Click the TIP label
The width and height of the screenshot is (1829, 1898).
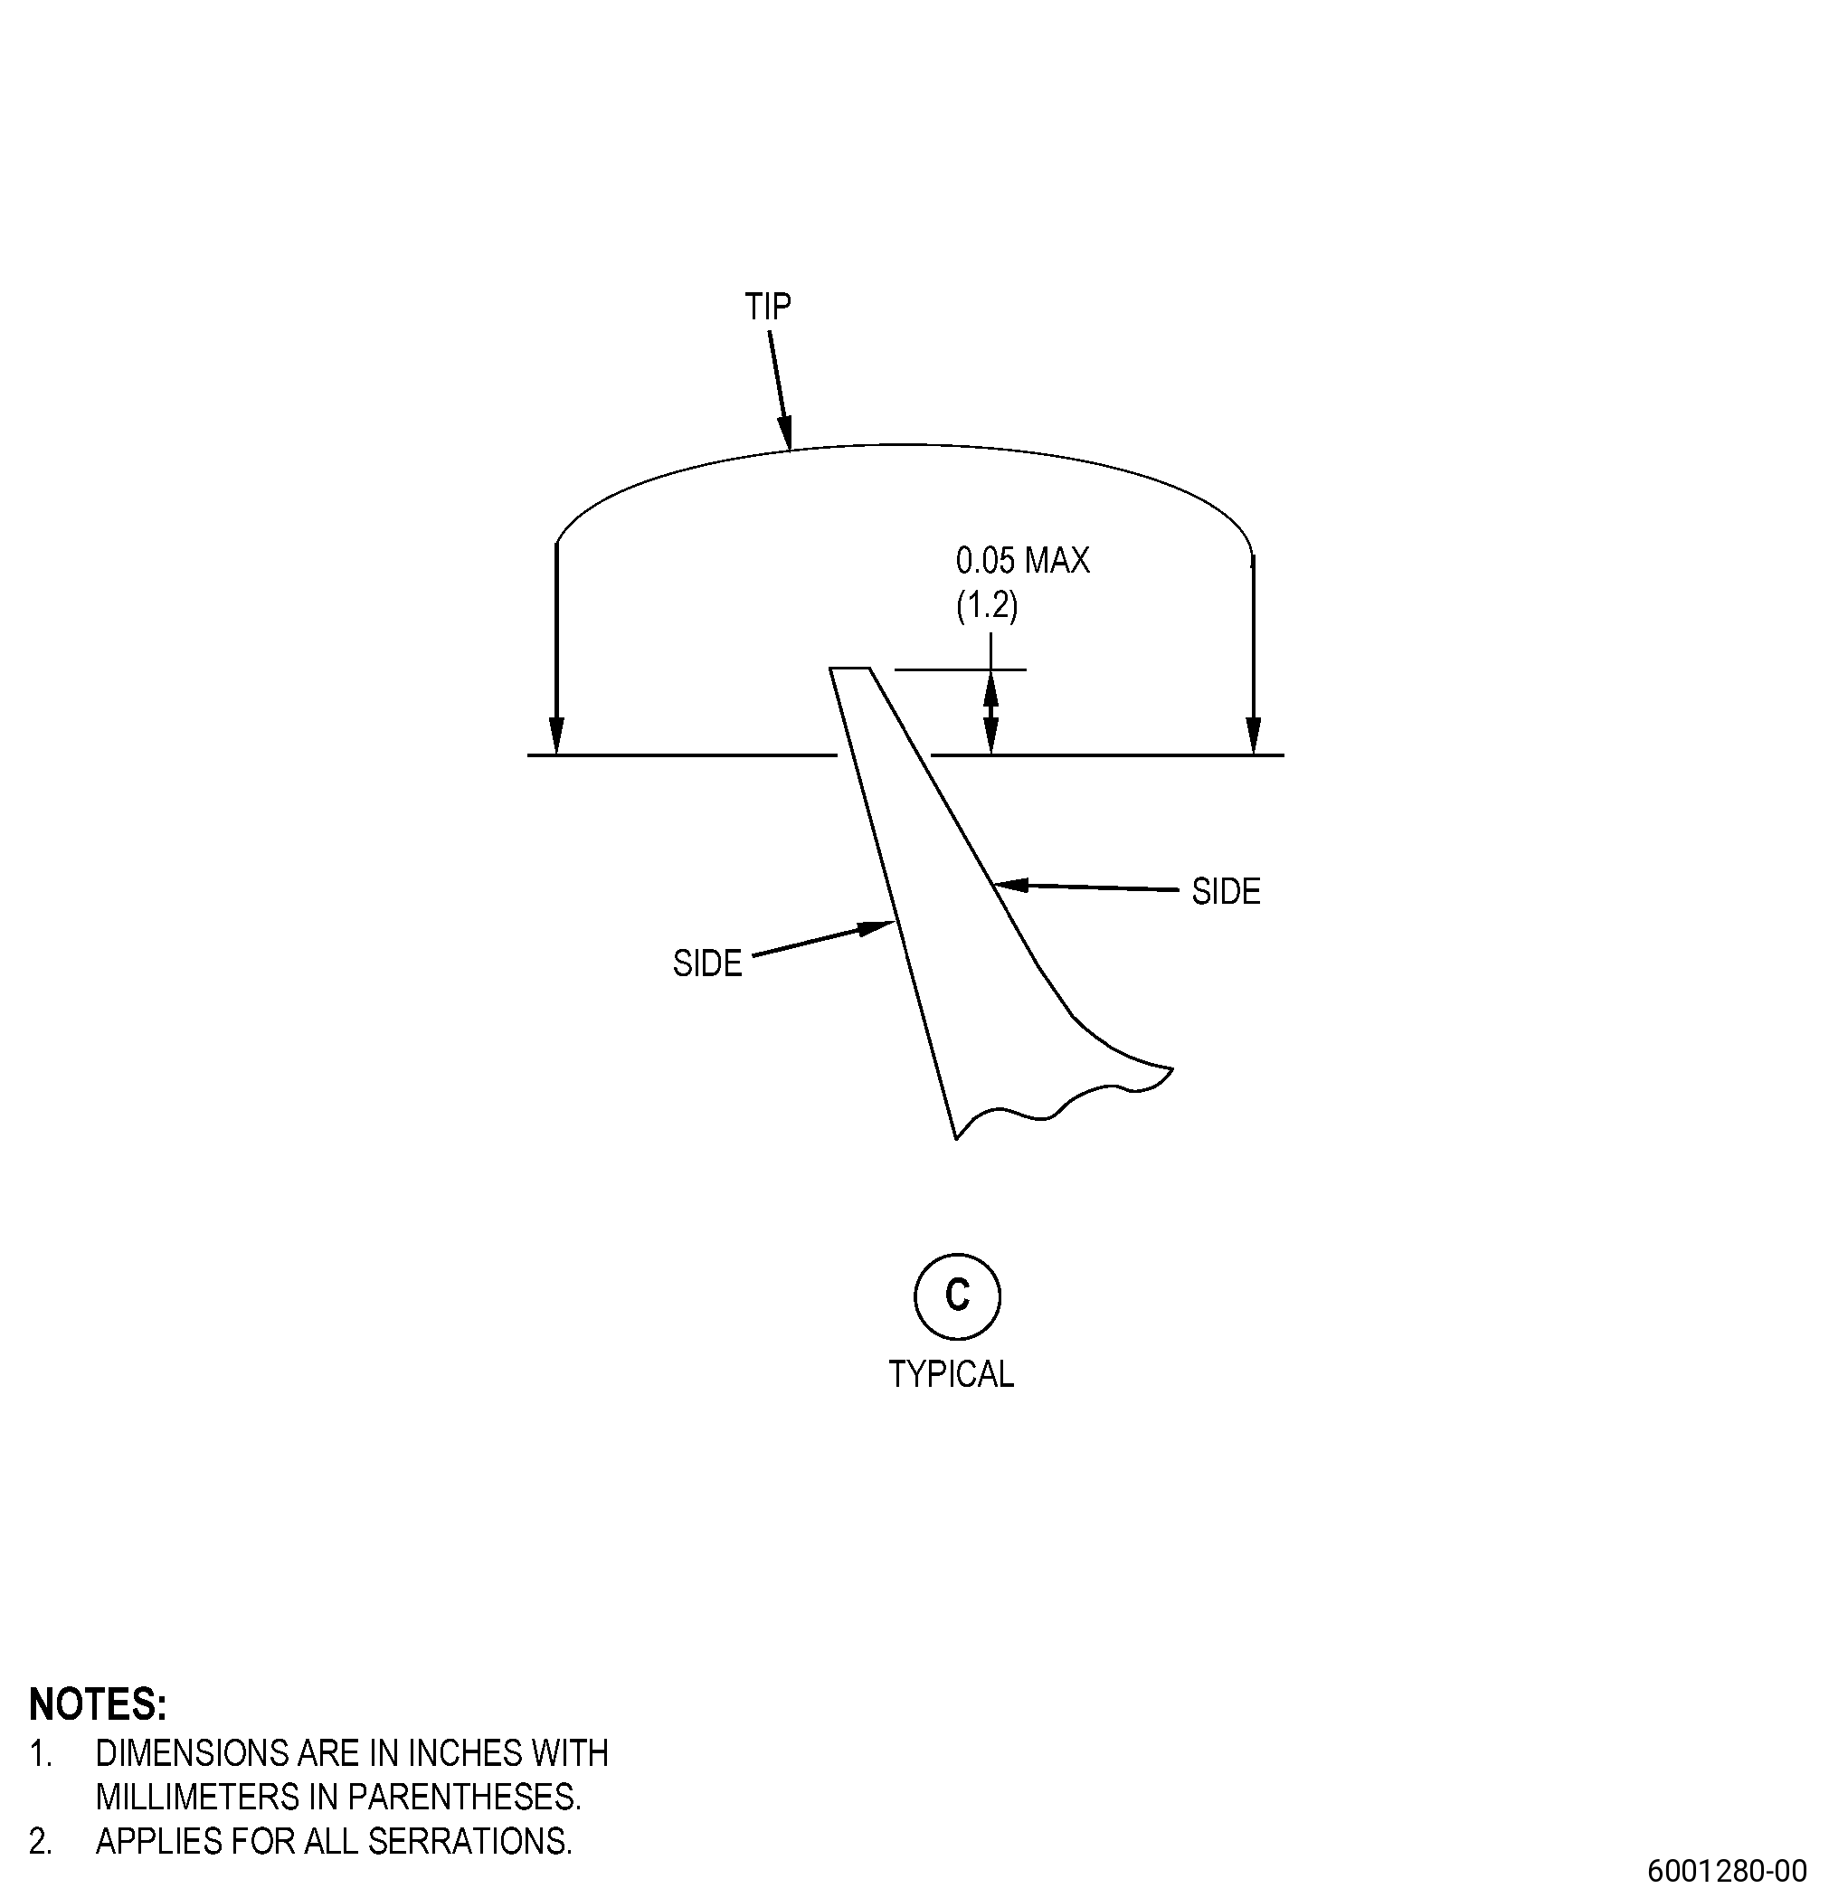[x=768, y=306]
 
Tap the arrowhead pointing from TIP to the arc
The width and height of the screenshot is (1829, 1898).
[x=785, y=432]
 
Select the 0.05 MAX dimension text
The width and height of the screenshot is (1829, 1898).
[x=1022, y=560]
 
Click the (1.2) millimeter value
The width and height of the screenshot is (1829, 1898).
[x=987, y=605]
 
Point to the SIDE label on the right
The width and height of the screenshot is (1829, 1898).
[x=1226, y=891]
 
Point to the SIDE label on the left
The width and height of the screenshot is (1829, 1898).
[x=706, y=963]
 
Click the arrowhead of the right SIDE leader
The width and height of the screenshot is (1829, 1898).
[x=1011, y=884]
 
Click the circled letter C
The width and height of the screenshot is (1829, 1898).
[x=957, y=1295]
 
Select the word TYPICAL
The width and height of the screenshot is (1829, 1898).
[x=951, y=1374]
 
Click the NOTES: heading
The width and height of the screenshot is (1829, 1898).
[x=98, y=1704]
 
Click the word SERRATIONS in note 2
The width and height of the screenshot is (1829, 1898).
[x=468, y=1841]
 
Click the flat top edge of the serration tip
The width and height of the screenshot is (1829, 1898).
[x=849, y=669]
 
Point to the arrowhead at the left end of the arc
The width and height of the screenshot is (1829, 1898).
[x=555, y=736]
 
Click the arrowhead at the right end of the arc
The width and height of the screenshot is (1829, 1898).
[x=1254, y=736]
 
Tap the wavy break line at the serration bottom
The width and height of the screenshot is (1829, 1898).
[x=1065, y=1103]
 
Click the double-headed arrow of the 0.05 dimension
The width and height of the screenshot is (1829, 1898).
[x=990, y=712]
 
